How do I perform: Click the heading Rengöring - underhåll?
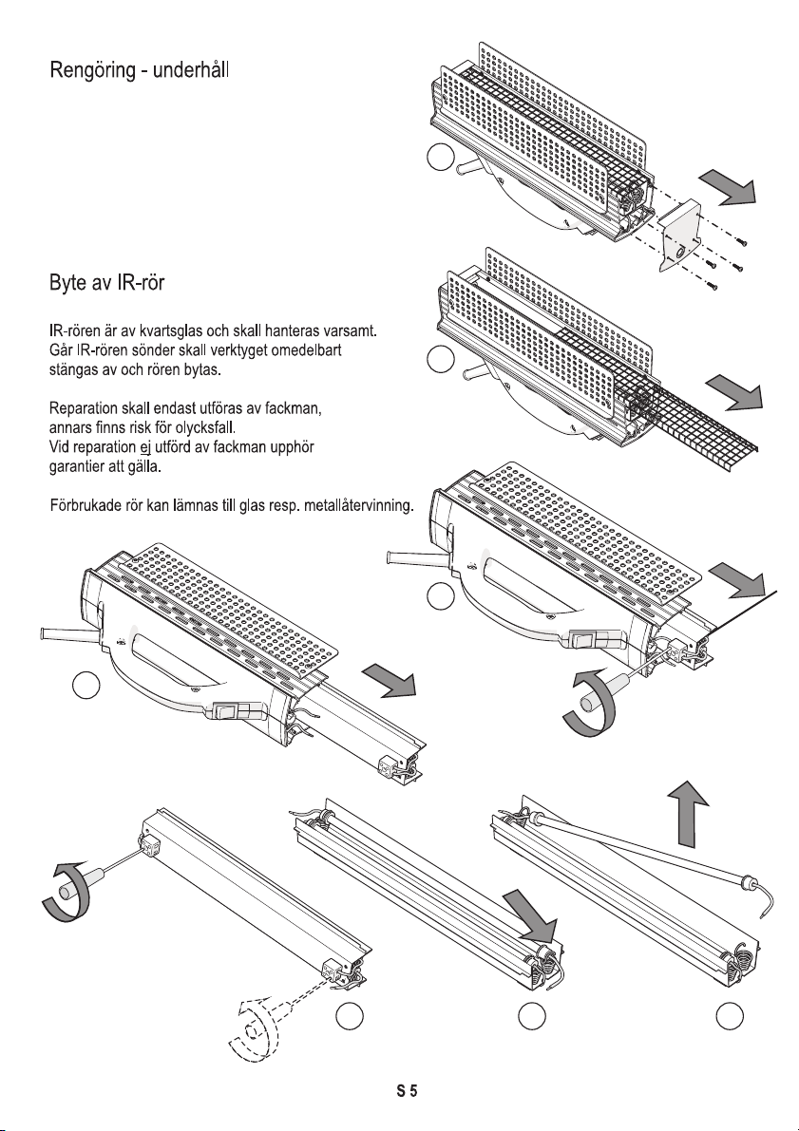pyautogui.click(x=140, y=70)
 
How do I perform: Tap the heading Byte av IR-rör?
pyautogui.click(x=106, y=283)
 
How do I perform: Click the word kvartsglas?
pyautogui.click(x=171, y=331)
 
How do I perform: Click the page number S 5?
pyautogui.click(x=407, y=1090)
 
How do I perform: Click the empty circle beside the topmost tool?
pyautogui.click(x=440, y=158)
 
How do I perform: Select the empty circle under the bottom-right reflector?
pyautogui.click(x=730, y=1016)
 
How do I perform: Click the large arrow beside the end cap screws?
pyautogui.click(x=728, y=187)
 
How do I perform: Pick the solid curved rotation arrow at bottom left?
pyautogui.click(x=67, y=894)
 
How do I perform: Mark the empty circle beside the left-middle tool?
pyautogui.click(x=86, y=686)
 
